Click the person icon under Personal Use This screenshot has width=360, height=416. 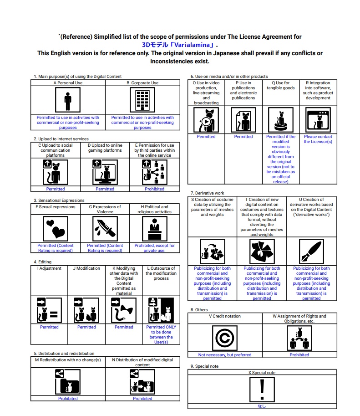pos(68,100)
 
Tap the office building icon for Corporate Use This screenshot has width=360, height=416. pos(142,100)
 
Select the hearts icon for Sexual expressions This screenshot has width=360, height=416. pos(56,228)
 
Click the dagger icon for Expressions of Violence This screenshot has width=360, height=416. pos(105,228)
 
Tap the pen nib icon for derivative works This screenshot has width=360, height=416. pos(311,252)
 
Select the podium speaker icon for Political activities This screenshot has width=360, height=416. pos(154,228)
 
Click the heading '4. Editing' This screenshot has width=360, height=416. pos(43,262)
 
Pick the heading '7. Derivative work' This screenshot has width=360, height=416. pos(207,193)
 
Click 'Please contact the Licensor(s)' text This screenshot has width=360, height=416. pos(318,139)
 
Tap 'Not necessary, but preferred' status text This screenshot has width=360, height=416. pos(225,354)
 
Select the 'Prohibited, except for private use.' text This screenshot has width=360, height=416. pos(154,248)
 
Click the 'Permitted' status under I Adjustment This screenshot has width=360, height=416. pos(49,327)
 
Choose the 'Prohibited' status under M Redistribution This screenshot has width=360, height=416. pos(68,399)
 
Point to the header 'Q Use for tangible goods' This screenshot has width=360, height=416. pos(281,86)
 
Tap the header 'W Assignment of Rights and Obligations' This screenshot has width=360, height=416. pos(299,318)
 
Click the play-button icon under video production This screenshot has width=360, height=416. pos(206,120)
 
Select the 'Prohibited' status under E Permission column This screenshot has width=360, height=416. pos(154,189)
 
